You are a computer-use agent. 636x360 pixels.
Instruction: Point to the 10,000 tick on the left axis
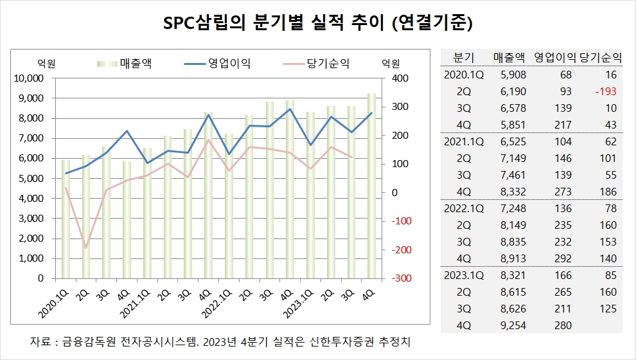coord(28,78)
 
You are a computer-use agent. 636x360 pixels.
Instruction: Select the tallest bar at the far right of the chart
coord(371,186)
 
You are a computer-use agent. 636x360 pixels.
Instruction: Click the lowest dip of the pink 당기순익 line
coord(85,248)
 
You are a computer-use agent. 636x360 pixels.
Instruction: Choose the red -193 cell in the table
coord(605,91)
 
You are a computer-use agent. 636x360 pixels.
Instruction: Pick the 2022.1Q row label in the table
coord(464,208)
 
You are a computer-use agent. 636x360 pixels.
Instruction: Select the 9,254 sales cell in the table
coord(512,325)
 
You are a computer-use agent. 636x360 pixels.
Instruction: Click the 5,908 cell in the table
coord(512,75)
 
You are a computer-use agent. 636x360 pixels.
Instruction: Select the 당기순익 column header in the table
coord(601,57)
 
